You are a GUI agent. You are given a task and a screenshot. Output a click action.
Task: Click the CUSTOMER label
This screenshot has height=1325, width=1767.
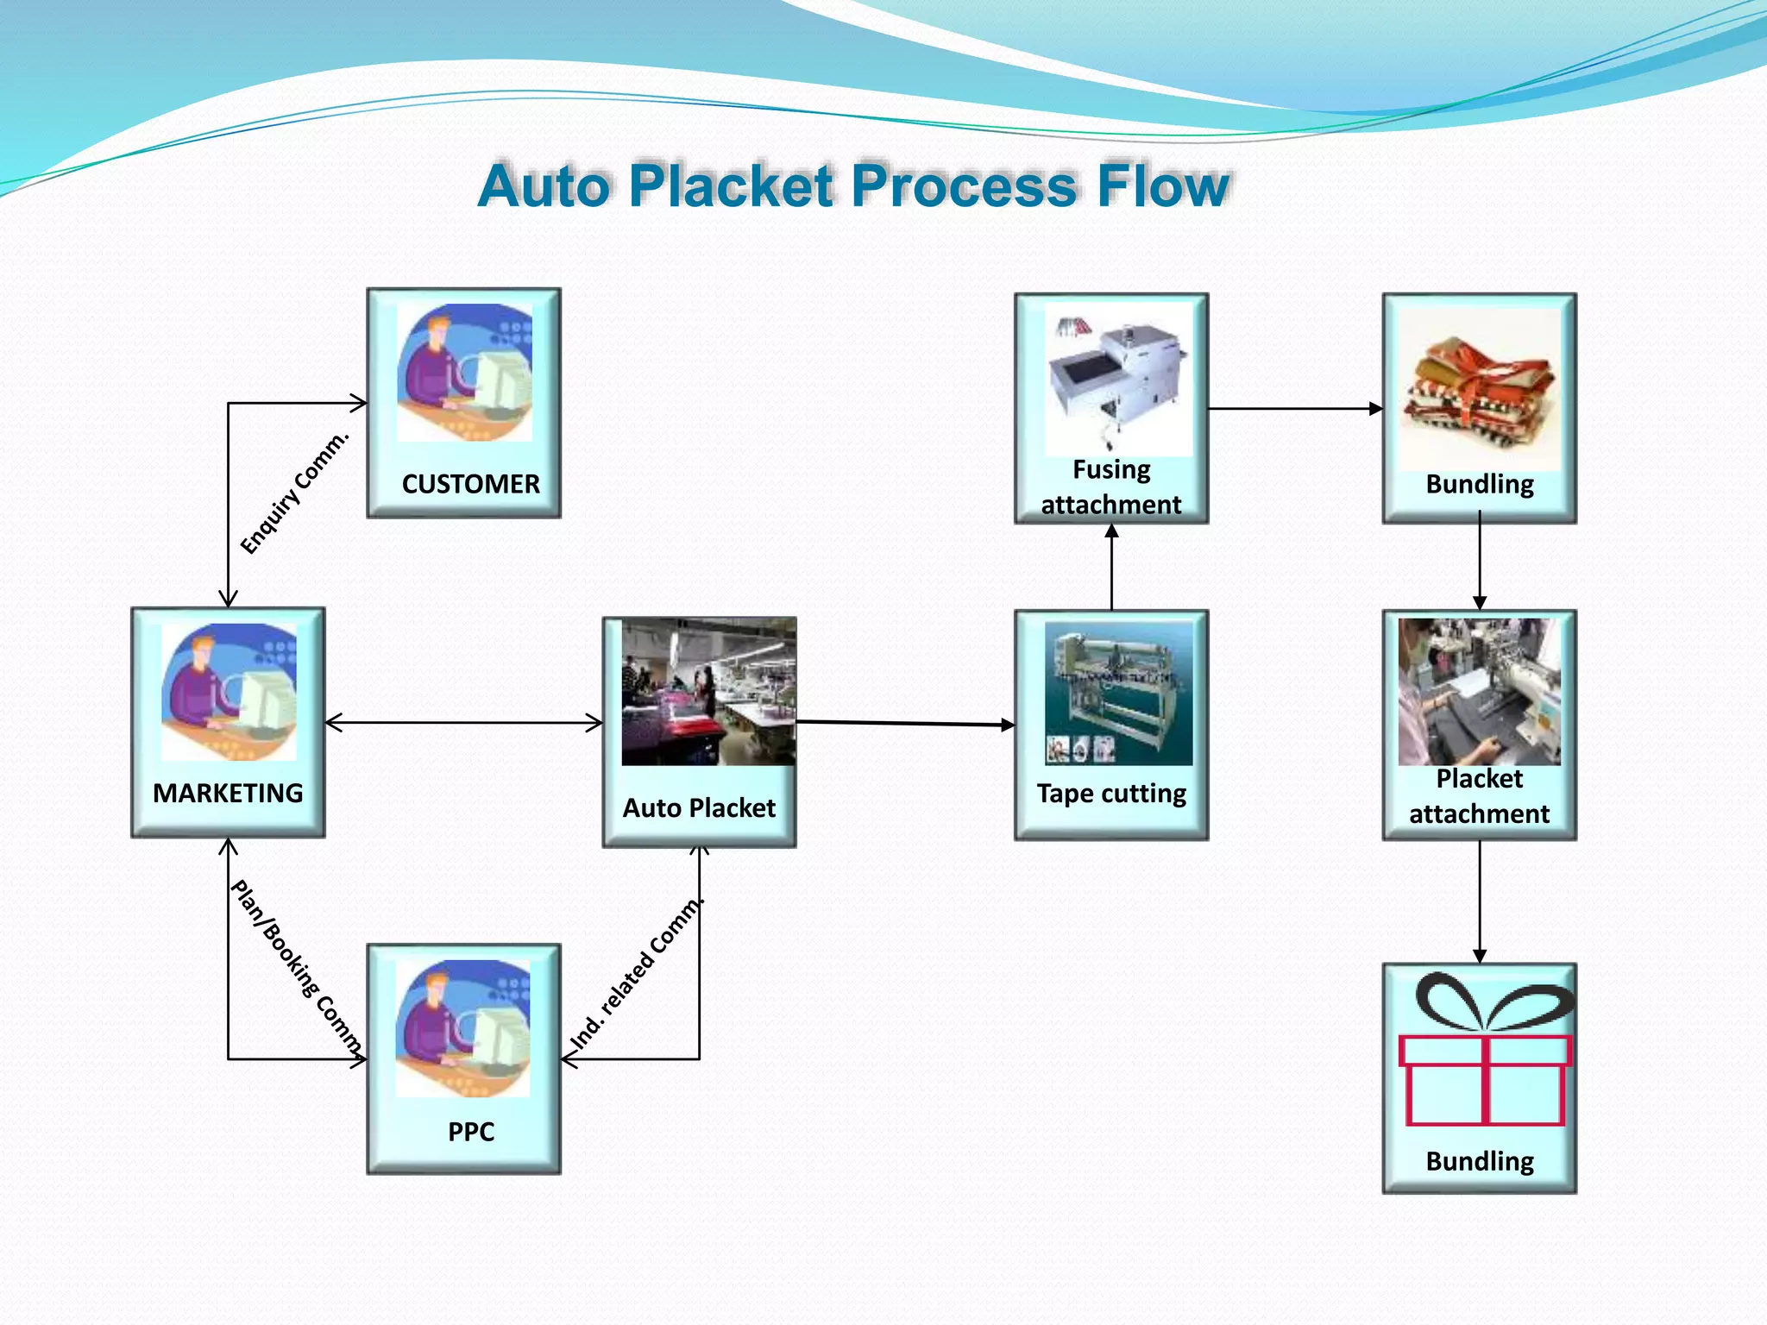coord(470,484)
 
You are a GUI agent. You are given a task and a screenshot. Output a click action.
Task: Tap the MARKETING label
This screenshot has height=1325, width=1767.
coord(228,793)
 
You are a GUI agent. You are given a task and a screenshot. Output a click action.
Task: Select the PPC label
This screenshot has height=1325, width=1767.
coord(470,1131)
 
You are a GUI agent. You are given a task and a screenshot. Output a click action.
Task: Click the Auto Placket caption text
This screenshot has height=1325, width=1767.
coord(699,808)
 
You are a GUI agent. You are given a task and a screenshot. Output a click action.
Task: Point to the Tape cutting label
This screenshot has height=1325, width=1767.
coord(1111,793)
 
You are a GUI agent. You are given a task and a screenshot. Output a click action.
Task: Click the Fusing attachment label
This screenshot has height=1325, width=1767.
coord(1111,487)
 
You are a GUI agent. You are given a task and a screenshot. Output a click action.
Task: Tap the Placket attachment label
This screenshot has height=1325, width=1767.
coord(1479,796)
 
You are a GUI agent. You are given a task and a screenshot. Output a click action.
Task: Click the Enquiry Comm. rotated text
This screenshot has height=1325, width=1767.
coord(295,493)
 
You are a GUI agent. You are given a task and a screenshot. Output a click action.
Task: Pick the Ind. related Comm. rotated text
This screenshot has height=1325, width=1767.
coord(637,975)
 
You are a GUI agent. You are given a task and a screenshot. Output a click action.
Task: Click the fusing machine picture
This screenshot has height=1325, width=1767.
coord(1117,380)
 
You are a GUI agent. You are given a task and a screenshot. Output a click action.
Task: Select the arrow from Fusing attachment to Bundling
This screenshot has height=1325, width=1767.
coord(1294,409)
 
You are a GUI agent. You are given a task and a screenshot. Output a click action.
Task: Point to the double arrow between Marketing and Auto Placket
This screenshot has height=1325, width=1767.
coord(463,723)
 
